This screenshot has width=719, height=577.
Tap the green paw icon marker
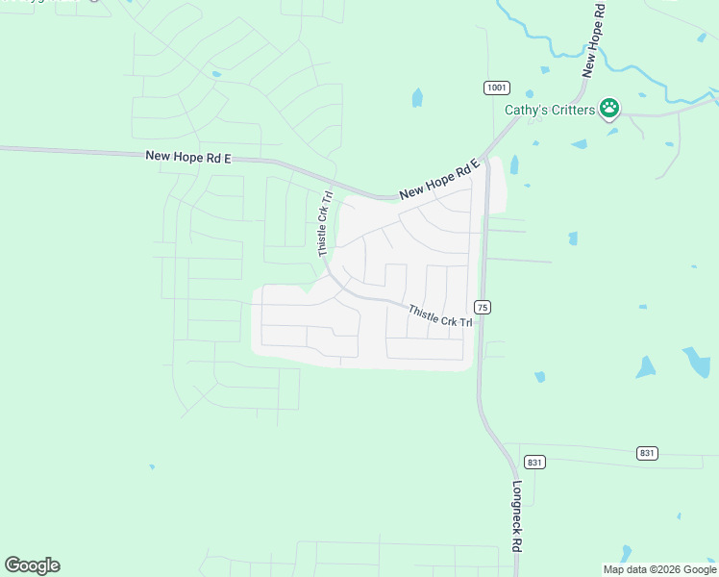[x=609, y=108]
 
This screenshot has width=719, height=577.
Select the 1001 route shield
[x=496, y=88]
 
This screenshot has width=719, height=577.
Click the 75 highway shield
[x=483, y=307]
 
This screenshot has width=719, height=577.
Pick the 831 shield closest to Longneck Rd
[x=535, y=462]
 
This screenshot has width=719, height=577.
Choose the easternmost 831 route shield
[x=647, y=452]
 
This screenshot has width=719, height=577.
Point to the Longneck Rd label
[x=516, y=515]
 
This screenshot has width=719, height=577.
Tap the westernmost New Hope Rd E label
[x=188, y=156]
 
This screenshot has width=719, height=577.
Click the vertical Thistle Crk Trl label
[x=325, y=223]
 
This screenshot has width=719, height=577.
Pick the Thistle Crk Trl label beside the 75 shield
[x=440, y=315]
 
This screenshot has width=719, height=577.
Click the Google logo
[x=32, y=565]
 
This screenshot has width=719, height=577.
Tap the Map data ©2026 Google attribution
[x=659, y=569]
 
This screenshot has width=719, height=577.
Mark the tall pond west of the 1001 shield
[x=417, y=97]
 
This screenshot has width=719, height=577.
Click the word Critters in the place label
[x=572, y=109]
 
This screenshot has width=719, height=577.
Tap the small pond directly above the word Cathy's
[x=544, y=69]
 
